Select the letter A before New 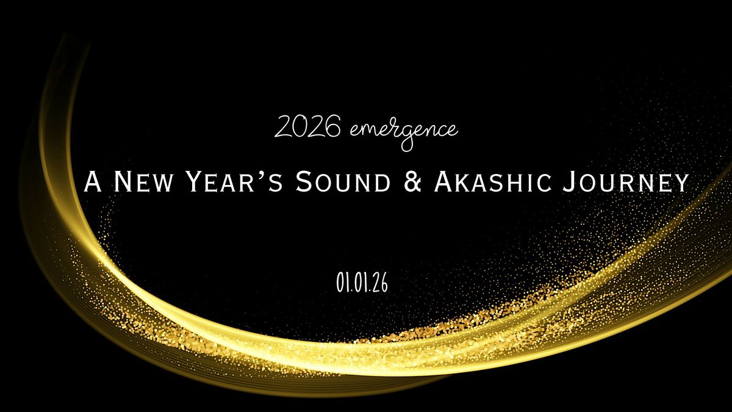93,182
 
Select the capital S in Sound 302,182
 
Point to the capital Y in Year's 195,182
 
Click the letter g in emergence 406,135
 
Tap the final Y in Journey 680,182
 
